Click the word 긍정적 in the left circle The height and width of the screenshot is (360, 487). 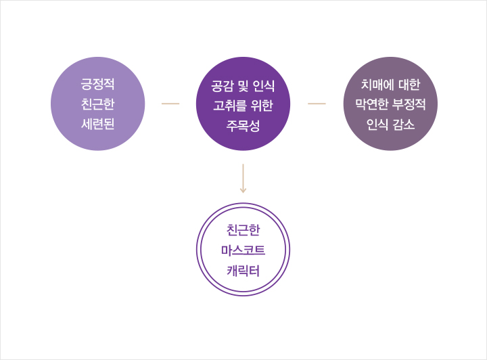click(x=98, y=84)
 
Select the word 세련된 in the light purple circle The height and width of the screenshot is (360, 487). click(x=98, y=124)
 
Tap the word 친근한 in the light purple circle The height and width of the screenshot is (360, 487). click(x=98, y=104)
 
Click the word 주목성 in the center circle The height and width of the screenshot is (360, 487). click(x=243, y=126)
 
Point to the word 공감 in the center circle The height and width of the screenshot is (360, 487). click(x=223, y=86)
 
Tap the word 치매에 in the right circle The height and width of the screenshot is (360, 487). click(x=377, y=85)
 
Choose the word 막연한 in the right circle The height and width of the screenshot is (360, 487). click(x=372, y=104)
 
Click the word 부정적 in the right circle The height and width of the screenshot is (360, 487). click(x=409, y=104)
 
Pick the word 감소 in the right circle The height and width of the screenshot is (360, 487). click(x=404, y=125)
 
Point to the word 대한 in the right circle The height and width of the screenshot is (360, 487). click(x=409, y=85)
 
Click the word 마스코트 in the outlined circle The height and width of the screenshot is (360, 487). click(x=243, y=250)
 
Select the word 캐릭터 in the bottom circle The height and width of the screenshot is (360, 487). click(x=243, y=271)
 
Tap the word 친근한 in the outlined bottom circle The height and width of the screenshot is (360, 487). click(x=243, y=230)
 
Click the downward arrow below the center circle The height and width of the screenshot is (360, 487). click(x=243, y=178)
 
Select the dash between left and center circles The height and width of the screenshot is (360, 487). click(x=170, y=104)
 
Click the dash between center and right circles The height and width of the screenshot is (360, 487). click(x=317, y=104)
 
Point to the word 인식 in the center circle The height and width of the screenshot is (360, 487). click(x=264, y=86)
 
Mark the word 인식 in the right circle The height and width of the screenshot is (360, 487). click(x=377, y=125)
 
